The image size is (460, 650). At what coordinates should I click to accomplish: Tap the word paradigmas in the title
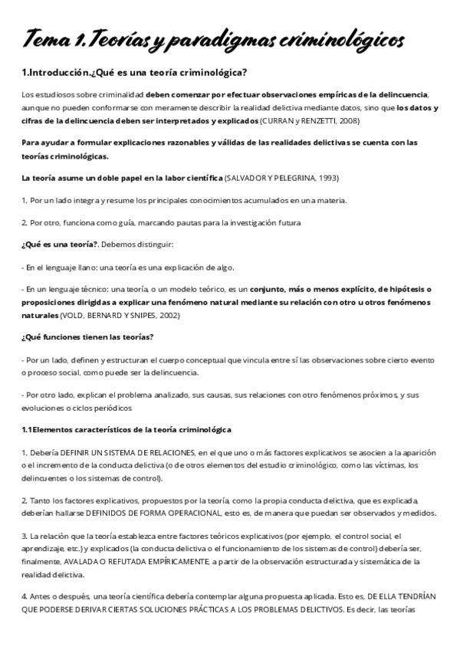pos(226,39)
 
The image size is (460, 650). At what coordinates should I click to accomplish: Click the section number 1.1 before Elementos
pos(28,429)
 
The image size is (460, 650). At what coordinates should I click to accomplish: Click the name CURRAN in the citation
pos(275,121)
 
